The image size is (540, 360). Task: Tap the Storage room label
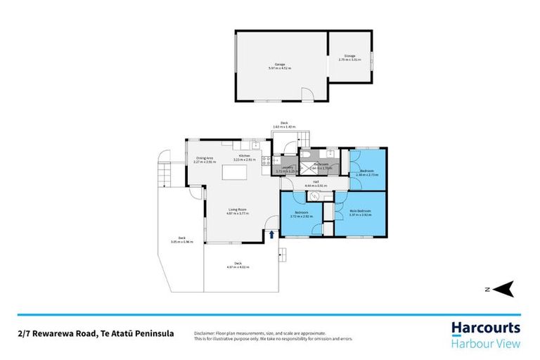click(349, 58)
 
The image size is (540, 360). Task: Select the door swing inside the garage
click(307, 95)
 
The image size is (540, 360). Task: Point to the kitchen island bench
click(236, 172)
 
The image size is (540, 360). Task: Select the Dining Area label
click(205, 160)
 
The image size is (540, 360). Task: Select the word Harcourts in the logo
click(485, 328)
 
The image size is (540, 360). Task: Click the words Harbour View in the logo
click(485, 343)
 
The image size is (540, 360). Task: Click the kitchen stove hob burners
click(266, 163)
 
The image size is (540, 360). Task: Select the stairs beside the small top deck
click(304, 138)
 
